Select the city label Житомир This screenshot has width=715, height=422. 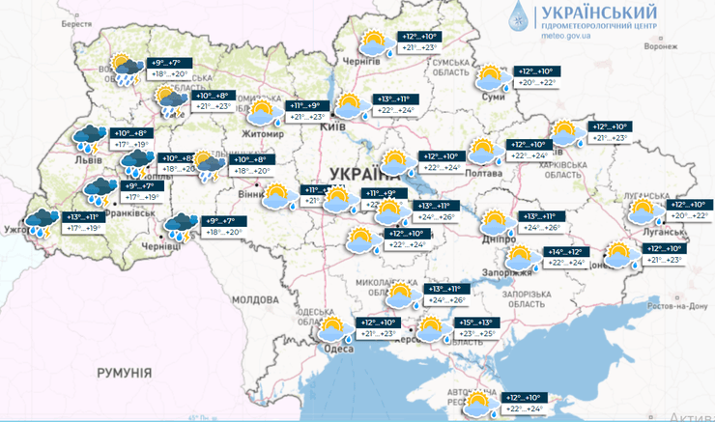pos(264,133)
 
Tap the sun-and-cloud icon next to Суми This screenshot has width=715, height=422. pos(490,76)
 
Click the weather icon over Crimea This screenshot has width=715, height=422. pos(478,401)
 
